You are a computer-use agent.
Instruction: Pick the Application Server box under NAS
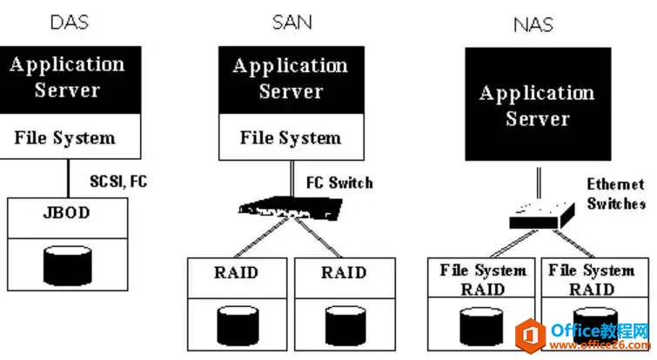536,105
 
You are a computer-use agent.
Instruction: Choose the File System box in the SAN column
291,137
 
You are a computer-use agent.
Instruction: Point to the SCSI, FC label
118,182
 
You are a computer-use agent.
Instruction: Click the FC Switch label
339,183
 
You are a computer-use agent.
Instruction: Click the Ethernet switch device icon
540,211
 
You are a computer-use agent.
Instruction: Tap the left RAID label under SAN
236,273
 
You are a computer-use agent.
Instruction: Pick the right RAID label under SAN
344,273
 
